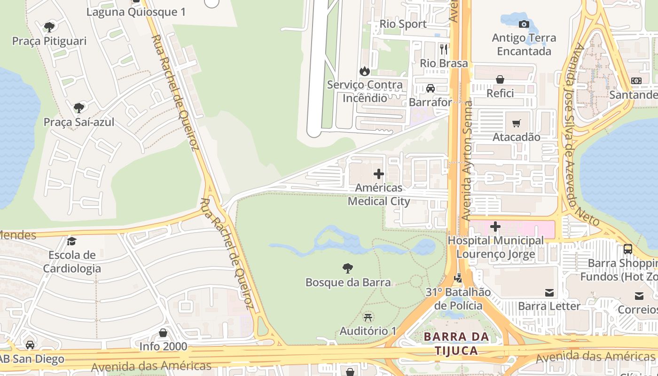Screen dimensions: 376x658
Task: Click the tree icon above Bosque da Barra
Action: point(347,268)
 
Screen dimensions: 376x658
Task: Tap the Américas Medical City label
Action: point(379,195)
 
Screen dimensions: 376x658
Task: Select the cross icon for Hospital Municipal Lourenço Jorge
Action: point(495,227)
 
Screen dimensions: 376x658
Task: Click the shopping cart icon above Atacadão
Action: point(517,124)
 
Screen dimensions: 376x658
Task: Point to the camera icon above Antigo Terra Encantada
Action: point(524,24)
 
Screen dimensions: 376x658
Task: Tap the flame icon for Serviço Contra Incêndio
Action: point(364,71)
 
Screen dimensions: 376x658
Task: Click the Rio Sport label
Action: point(403,24)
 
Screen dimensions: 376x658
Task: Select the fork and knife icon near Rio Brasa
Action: point(444,48)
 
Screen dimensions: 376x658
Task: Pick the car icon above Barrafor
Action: point(430,88)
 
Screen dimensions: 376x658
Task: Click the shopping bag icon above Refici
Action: point(500,79)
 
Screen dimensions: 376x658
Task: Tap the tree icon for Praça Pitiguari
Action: point(49,27)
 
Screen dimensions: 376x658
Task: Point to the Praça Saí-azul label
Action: point(79,122)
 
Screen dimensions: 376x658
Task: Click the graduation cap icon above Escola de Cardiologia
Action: point(71,241)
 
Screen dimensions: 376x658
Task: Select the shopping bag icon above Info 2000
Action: point(163,333)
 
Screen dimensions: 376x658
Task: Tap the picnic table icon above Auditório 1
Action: point(368,317)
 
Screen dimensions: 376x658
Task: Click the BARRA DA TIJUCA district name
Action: point(456,344)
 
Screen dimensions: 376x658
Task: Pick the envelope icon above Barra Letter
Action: point(549,293)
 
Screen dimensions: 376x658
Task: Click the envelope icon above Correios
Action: point(639,296)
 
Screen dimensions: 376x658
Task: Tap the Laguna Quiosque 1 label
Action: point(136,12)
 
